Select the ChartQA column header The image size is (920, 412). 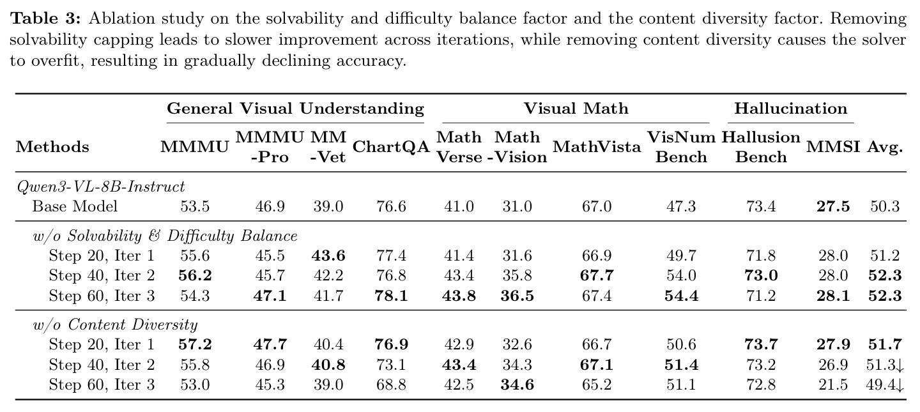tap(391, 147)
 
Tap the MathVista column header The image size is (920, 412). tap(597, 147)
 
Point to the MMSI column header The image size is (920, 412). tap(833, 147)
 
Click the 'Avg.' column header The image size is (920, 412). tap(885, 148)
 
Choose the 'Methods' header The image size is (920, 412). tap(52, 147)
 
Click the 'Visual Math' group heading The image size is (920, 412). tap(576, 109)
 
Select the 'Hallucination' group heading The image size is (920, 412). tap(791, 109)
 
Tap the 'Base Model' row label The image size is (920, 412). tap(75, 206)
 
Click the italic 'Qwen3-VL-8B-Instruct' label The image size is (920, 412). tap(101, 187)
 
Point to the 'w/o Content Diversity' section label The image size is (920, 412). tap(115, 324)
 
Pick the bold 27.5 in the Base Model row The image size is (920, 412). tap(833, 206)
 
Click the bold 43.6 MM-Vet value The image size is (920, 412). tap(328, 256)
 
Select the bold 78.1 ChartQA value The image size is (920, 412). tap(391, 296)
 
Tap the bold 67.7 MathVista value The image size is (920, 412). tap(597, 276)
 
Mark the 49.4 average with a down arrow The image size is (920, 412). tap(885, 385)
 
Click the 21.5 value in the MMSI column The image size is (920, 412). tap(833, 385)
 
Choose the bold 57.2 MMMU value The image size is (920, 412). tap(195, 344)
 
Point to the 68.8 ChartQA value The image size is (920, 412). tap(391, 385)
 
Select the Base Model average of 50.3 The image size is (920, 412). tap(885, 206)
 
